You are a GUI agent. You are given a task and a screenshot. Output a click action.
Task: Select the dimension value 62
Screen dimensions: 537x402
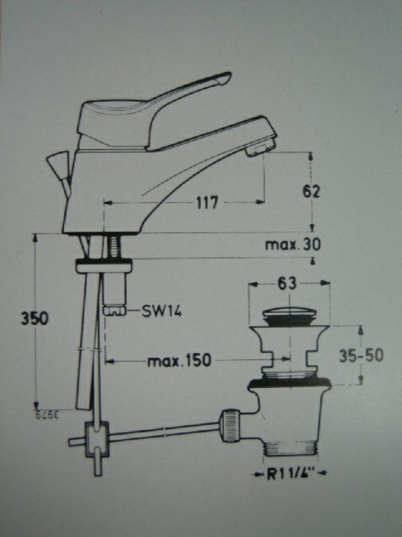click(x=311, y=191)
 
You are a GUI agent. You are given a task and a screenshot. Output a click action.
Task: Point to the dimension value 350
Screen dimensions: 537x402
click(x=33, y=318)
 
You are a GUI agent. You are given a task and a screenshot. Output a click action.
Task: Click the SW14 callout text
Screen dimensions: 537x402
click(x=161, y=311)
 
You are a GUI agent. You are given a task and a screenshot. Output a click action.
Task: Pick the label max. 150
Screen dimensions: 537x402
click(x=179, y=361)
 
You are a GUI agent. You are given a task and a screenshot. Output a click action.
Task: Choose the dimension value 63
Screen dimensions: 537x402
click(x=287, y=284)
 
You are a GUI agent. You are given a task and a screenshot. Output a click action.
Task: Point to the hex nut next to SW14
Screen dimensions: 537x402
click(x=115, y=310)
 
